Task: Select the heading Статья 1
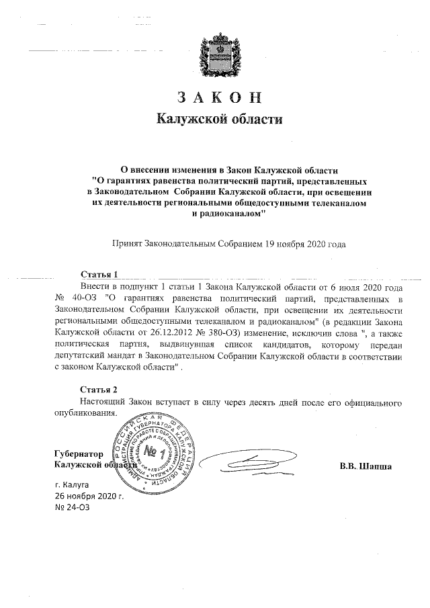(x=99, y=275)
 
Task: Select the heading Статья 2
(x=99, y=390)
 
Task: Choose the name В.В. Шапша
(x=365, y=466)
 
